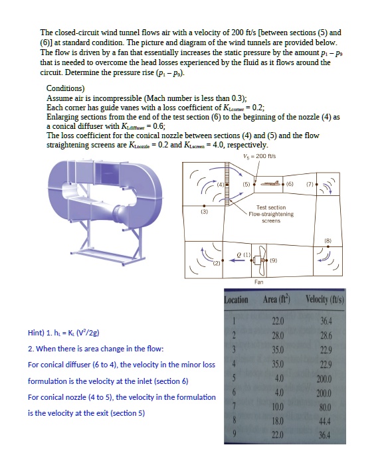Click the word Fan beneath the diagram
coord(258,282)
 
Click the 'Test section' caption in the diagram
coord(271,207)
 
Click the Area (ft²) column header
coord(277,300)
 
